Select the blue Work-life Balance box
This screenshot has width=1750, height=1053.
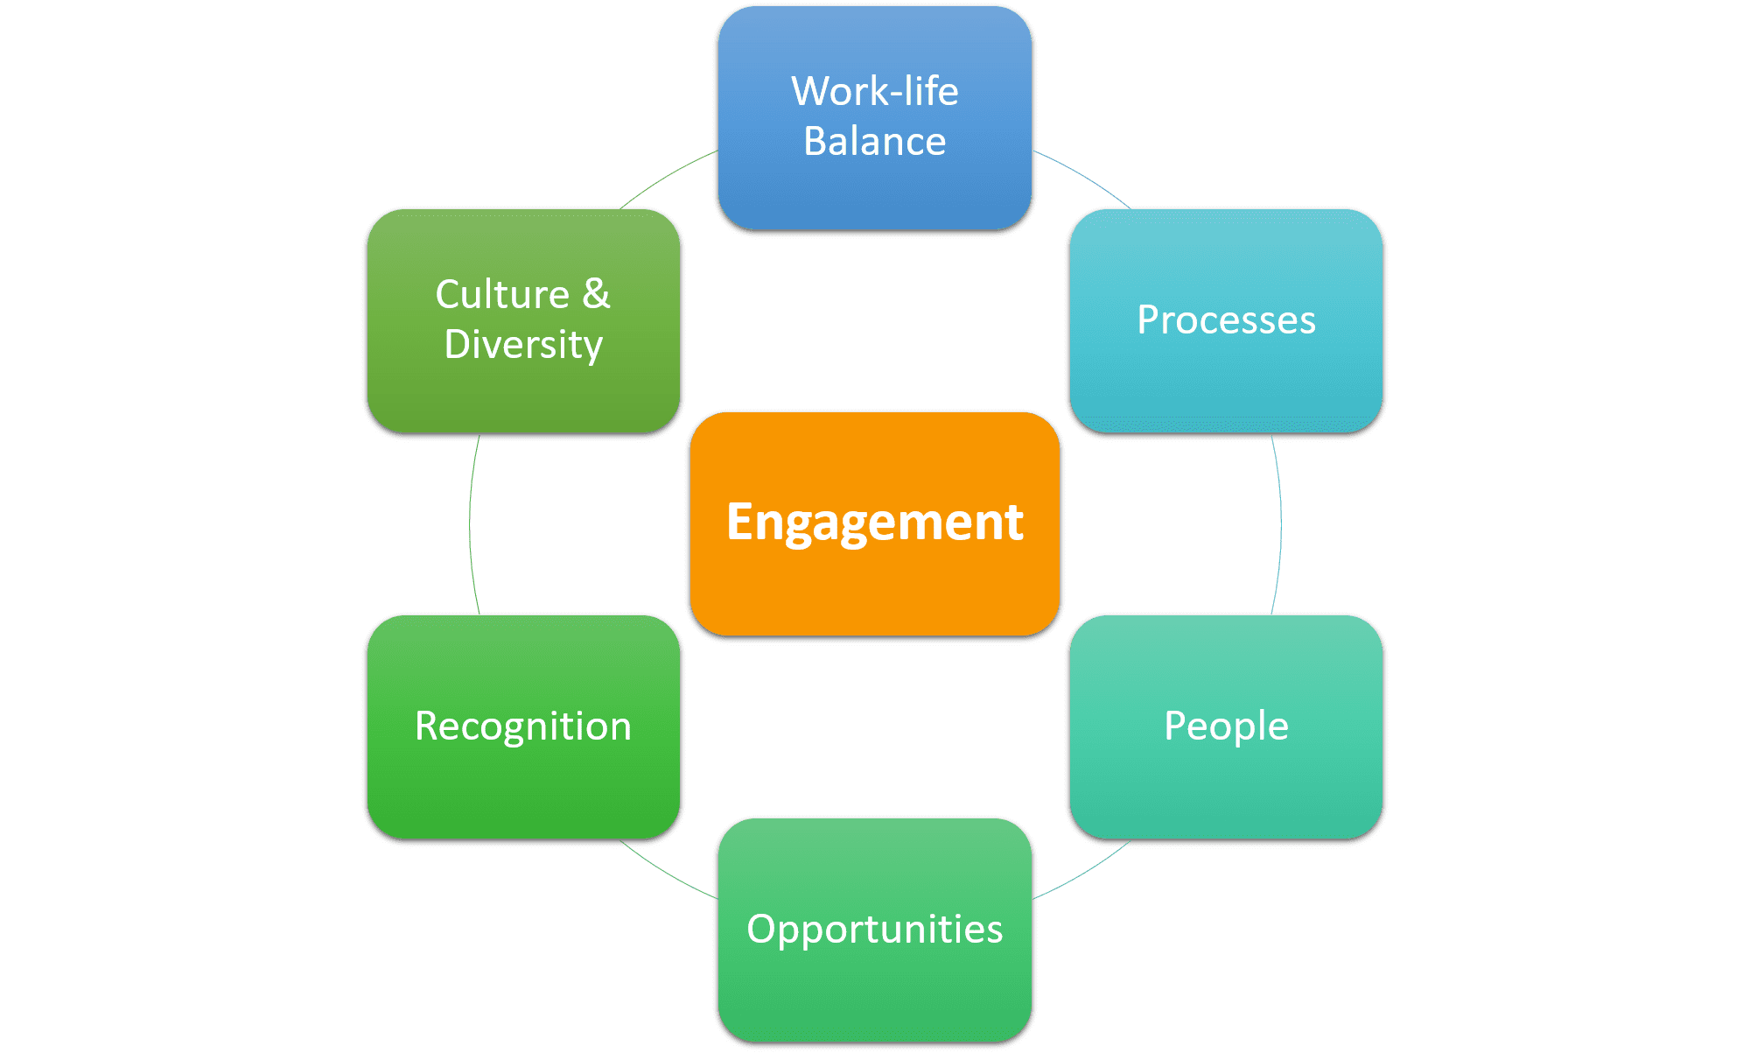(875, 193)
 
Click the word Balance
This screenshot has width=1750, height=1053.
(875, 142)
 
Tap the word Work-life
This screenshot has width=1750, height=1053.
(875, 91)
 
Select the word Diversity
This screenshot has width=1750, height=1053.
(523, 345)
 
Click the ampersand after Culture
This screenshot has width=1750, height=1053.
(596, 294)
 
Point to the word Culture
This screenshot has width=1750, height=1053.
(502, 294)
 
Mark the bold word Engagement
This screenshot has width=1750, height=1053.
(875, 523)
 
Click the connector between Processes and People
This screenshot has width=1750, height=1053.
(1280, 525)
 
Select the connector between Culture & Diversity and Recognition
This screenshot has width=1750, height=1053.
(470, 525)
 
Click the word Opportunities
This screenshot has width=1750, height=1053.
(875, 930)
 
